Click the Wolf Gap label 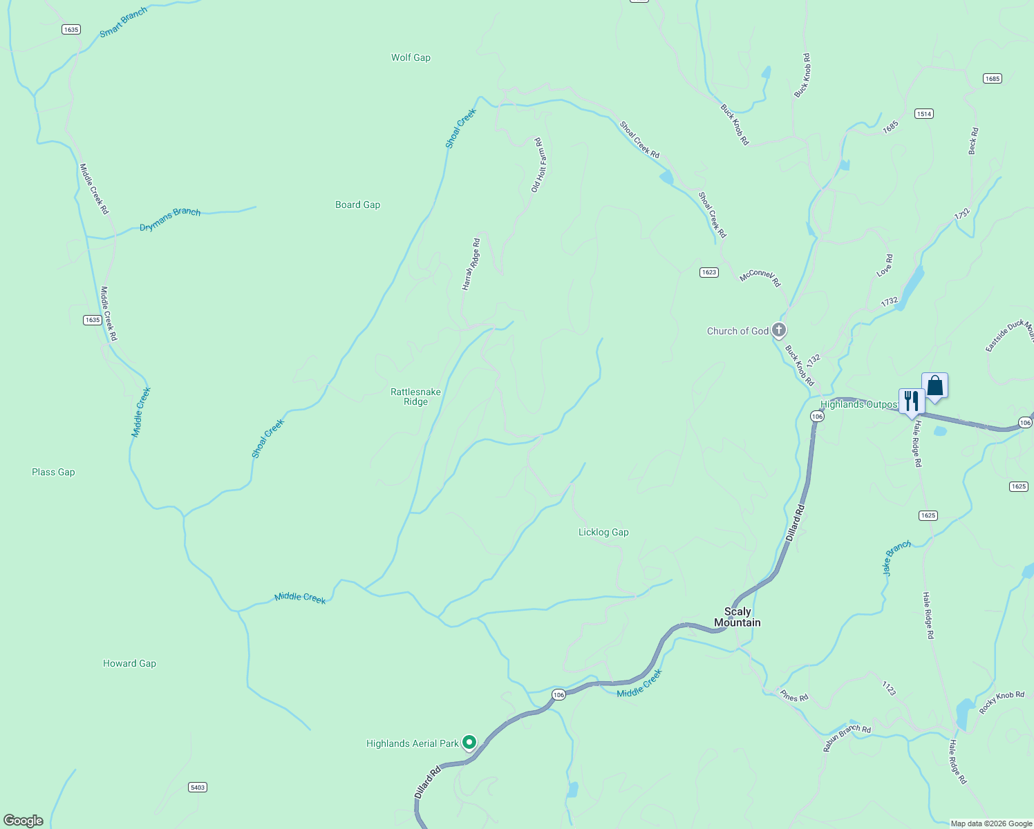point(411,57)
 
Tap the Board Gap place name point(357,204)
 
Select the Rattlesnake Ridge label point(415,397)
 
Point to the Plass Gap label point(53,472)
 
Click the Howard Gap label point(129,663)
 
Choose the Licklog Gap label point(603,532)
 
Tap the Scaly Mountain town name point(737,617)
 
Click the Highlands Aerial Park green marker point(469,743)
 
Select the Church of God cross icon point(779,330)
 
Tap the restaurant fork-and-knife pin point(912,401)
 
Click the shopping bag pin point(934,385)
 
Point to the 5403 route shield point(198,787)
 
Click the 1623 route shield point(708,272)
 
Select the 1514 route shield point(924,113)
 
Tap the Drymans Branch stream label point(170,219)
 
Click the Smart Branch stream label point(124,22)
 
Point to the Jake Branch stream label point(896,558)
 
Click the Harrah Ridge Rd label point(471,264)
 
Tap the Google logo point(23,820)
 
